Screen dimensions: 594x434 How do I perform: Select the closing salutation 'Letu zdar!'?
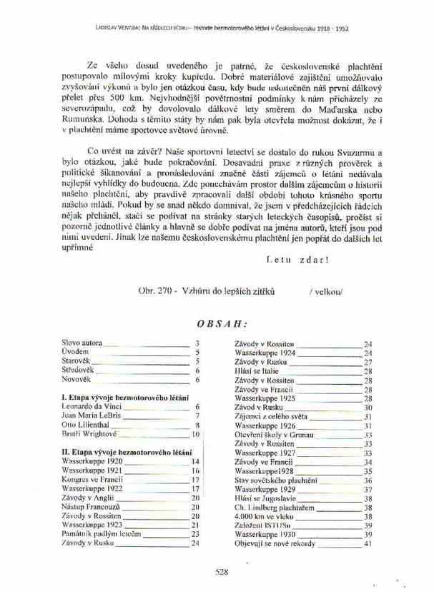[x=297, y=259]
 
